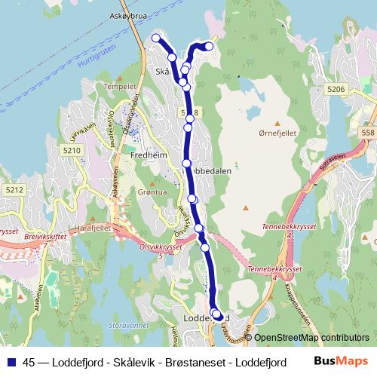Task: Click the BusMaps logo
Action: [x=342, y=360]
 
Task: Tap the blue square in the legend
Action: [x=11, y=361]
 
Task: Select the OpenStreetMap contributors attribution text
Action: [x=311, y=338]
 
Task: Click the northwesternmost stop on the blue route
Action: [x=156, y=38]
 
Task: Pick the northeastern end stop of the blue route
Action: [x=209, y=47]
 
